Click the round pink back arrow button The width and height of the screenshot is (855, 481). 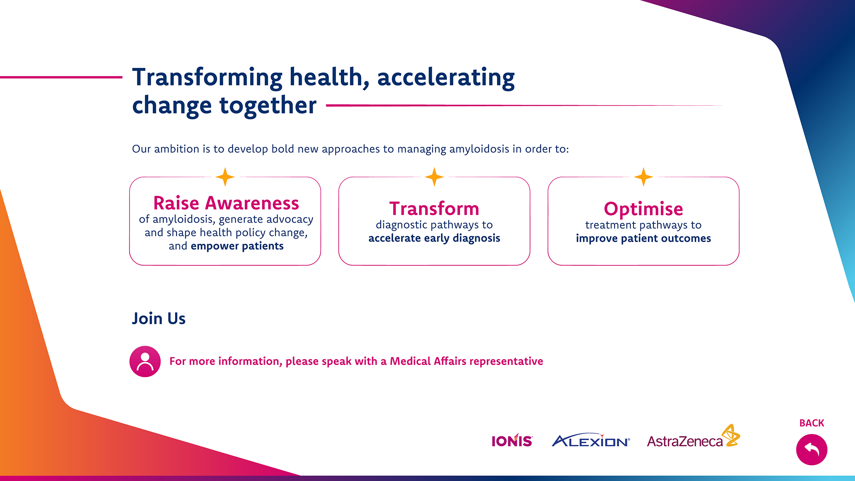click(811, 450)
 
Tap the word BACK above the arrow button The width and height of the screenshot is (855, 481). click(812, 423)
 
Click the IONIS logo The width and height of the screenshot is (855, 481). click(512, 440)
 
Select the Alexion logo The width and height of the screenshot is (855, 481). click(591, 440)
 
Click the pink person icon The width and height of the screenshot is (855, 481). click(145, 362)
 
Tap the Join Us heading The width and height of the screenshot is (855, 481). click(159, 319)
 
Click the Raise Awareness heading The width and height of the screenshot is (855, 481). click(226, 203)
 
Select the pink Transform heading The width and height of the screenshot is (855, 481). click(434, 209)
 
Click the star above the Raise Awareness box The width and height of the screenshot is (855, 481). click(225, 177)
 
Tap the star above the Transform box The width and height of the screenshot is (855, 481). click(434, 177)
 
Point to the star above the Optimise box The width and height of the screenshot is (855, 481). click(643, 177)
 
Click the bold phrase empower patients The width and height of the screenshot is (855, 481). click(237, 246)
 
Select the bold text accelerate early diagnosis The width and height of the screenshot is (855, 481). click(434, 238)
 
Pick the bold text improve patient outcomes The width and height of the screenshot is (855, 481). click(643, 238)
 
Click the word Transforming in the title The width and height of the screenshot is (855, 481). click(207, 78)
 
